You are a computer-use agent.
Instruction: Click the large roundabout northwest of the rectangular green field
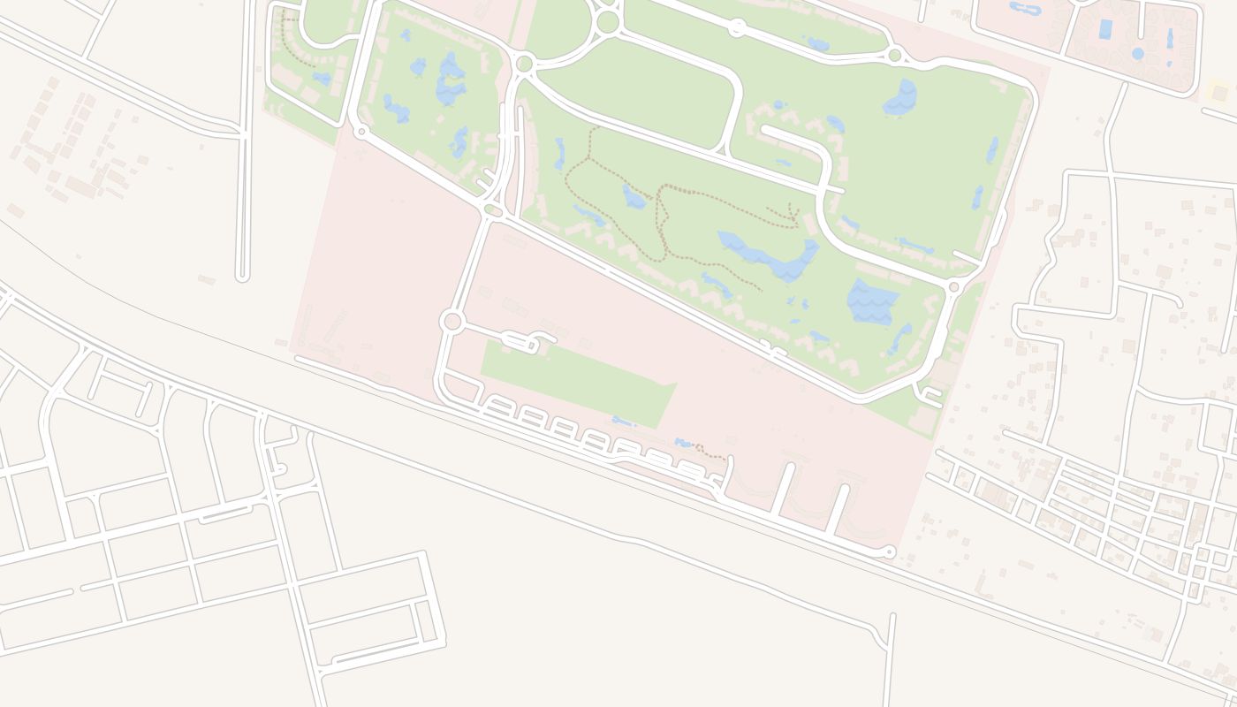(x=452, y=321)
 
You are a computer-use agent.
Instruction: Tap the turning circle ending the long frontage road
(x=890, y=552)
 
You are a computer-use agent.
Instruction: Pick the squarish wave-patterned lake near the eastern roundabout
(x=872, y=300)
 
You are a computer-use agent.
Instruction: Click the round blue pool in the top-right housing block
(x=1137, y=54)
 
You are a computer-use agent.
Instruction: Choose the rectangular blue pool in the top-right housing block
(x=1104, y=29)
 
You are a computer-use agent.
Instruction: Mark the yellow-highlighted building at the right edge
(x=1219, y=92)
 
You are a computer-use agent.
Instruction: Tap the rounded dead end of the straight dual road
(x=243, y=277)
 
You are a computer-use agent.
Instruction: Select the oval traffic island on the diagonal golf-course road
(x=493, y=210)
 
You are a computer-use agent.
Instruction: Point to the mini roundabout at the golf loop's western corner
(x=360, y=132)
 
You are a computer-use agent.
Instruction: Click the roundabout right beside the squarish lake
(x=953, y=287)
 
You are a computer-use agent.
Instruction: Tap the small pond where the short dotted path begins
(x=683, y=442)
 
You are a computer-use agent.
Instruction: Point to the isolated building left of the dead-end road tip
(x=206, y=279)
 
